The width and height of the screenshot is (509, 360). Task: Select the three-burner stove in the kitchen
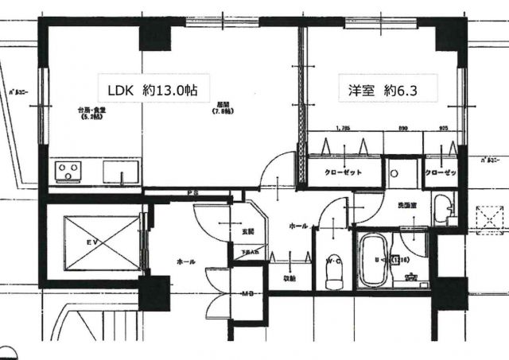click(x=69, y=171)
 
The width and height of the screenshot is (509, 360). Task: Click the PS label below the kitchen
click(x=192, y=194)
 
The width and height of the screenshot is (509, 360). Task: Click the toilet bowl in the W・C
click(x=334, y=275)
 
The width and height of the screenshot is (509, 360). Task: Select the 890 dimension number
click(x=403, y=127)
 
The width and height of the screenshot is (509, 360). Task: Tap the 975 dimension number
click(x=443, y=127)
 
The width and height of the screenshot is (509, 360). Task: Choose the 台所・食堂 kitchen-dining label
click(x=89, y=111)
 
